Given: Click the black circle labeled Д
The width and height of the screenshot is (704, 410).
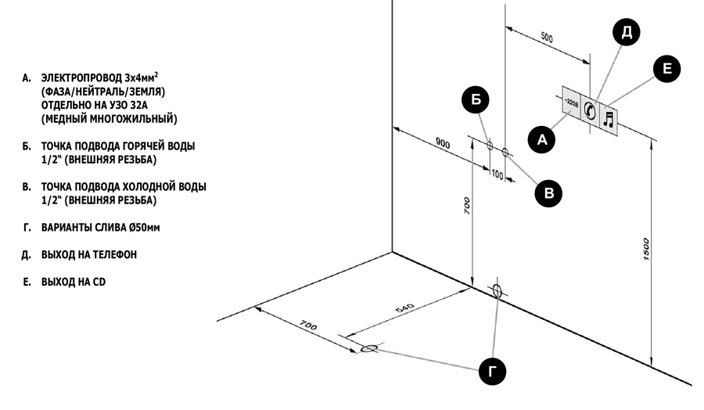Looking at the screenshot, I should click(627, 32).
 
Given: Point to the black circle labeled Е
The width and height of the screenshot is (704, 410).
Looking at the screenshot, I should click(666, 69).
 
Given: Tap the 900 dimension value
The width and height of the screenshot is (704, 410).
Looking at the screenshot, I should click(442, 142).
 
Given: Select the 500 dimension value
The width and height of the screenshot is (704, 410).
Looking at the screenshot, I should click(547, 38).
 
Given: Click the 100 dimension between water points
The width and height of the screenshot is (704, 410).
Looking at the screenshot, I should click(497, 173).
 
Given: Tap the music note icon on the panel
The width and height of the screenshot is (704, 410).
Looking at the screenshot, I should click(609, 118).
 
